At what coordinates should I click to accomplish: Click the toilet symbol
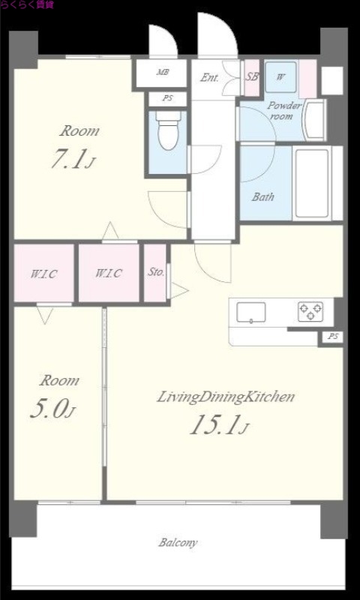point(168,130)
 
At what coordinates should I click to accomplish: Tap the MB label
point(163,71)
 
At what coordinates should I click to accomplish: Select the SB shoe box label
point(252,76)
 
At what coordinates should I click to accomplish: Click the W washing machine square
point(280,76)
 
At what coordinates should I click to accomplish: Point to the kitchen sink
point(251,312)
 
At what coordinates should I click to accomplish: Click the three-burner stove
point(310,311)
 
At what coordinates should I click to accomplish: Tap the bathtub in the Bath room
point(312,183)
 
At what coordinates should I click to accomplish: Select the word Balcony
point(178,542)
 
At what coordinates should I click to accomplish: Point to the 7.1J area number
point(73,159)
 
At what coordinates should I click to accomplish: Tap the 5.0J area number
point(52,409)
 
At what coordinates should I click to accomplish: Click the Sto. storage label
point(156,272)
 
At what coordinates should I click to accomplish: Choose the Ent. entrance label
point(210,78)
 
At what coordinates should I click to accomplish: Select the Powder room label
point(283,110)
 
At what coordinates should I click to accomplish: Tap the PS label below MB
point(167,98)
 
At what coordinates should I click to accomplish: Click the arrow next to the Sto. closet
point(179,290)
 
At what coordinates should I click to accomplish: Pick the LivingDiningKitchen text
point(226,397)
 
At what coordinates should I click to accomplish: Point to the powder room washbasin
point(314,120)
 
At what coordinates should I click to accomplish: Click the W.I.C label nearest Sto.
point(109,274)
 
